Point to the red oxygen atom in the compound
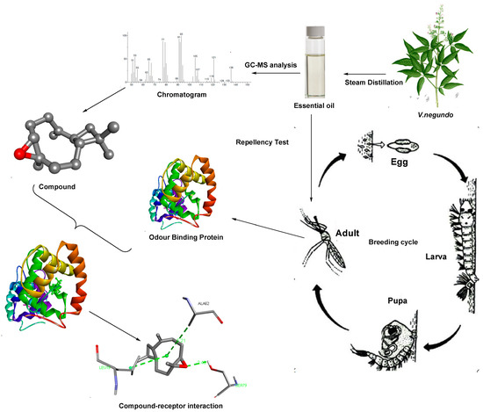tap(25, 155)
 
